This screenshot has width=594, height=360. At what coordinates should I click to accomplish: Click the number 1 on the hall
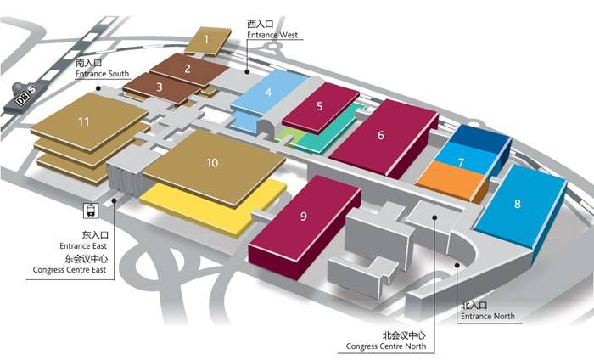(206, 39)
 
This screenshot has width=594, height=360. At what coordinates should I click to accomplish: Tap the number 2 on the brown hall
(188, 69)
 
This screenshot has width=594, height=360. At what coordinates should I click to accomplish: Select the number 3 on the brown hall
(160, 87)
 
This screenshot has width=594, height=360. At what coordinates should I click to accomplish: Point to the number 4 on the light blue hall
(269, 92)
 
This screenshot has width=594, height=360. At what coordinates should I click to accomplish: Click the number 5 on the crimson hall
(319, 106)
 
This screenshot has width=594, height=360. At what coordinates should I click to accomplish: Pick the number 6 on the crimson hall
(381, 135)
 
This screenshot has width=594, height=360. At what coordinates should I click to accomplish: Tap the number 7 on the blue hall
(461, 162)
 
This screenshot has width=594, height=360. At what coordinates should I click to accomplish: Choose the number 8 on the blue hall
(517, 204)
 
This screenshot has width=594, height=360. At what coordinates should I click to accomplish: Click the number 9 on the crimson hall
(304, 216)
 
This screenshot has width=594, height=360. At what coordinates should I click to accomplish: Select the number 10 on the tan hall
(212, 162)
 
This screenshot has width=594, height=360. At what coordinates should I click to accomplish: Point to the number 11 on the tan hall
(84, 121)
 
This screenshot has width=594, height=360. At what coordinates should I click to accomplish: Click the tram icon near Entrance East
(91, 211)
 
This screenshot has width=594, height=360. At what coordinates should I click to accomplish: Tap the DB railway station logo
(22, 99)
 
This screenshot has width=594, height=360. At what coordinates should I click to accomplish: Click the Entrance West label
(272, 35)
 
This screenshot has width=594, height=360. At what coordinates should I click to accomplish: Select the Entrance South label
(103, 74)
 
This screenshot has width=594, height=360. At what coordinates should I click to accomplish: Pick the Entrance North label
(488, 316)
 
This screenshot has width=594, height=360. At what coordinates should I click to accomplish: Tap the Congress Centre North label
(386, 346)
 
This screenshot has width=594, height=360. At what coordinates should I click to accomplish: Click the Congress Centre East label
(70, 269)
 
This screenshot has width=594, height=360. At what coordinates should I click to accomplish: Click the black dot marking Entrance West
(247, 71)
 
